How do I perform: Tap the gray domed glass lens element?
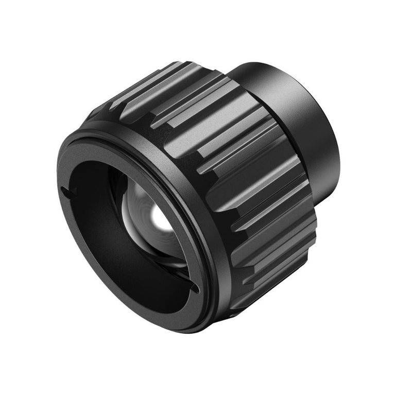149,216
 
